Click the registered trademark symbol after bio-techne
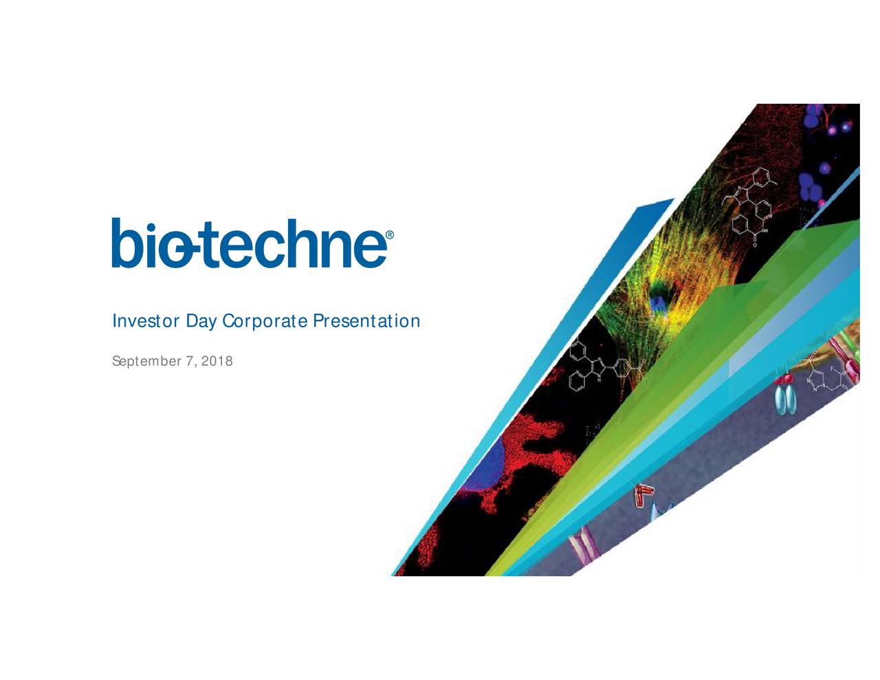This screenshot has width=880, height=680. click(x=389, y=235)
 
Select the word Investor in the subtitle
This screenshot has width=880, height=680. click(x=146, y=321)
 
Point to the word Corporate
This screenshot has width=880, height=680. click(x=265, y=322)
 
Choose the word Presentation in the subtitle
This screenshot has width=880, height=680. click(x=366, y=321)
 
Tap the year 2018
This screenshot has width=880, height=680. click(x=217, y=360)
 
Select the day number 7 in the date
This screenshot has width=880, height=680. click(x=190, y=360)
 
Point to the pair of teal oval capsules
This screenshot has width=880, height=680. click(x=785, y=399)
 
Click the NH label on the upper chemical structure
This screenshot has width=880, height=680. click(x=764, y=231)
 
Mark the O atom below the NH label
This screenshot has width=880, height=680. click(x=755, y=245)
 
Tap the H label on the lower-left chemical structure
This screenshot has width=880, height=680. click(x=599, y=381)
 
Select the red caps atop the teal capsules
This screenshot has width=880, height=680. click(x=784, y=379)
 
